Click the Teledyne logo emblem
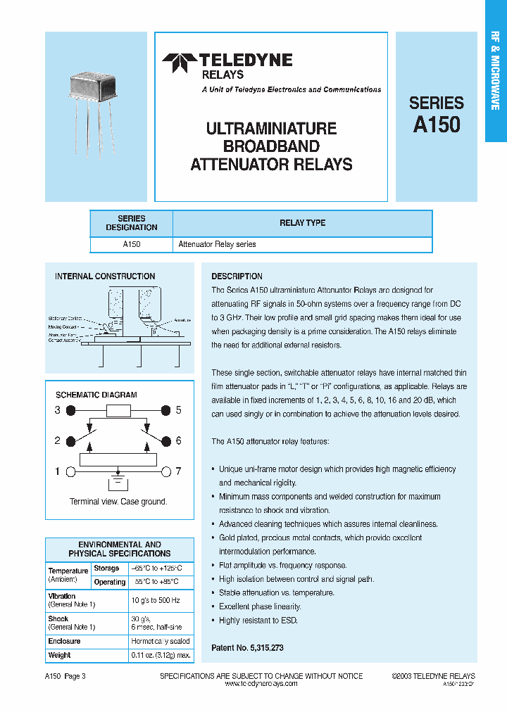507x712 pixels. tap(179, 63)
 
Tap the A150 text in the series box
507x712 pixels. tap(437, 125)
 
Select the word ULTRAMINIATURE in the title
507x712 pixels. tap(271, 129)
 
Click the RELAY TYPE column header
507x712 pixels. tap(302, 223)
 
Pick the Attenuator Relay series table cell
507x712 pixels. tap(217, 245)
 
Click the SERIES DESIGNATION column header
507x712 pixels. tap(132, 223)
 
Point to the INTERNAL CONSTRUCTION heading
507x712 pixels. tap(105, 276)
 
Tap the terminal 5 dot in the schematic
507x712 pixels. tap(166, 410)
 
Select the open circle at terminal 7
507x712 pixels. tap(166, 471)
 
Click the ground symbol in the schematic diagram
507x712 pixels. tap(118, 485)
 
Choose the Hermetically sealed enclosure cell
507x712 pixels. tap(160, 641)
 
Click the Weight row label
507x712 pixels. tap(59, 655)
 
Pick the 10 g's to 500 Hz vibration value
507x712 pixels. tap(155, 600)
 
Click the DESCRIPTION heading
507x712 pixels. tap(237, 276)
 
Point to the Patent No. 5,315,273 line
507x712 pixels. tap(247, 647)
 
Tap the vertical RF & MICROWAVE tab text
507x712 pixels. tap(495, 70)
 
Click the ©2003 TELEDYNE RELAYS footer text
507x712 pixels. tap(433, 676)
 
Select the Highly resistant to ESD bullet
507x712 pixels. tap(258, 620)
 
